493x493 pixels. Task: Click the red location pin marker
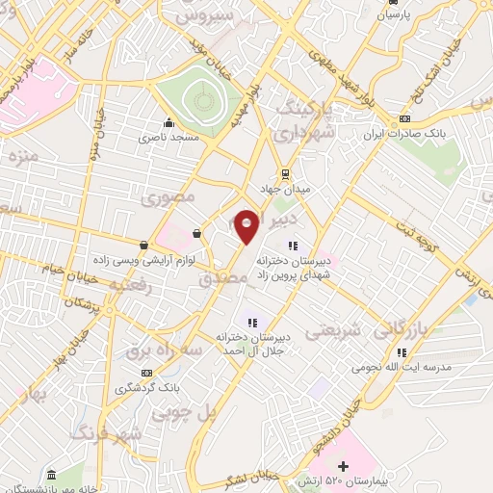[246, 225]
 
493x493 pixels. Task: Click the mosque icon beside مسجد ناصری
[169, 122]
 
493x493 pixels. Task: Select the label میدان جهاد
[284, 191]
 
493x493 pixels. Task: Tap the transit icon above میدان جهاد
[284, 173]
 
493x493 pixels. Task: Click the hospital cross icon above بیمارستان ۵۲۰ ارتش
[344, 466]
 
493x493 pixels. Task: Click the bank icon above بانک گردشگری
[146, 373]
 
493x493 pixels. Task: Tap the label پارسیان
[392, 15]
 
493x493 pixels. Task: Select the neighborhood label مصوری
[169, 199]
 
